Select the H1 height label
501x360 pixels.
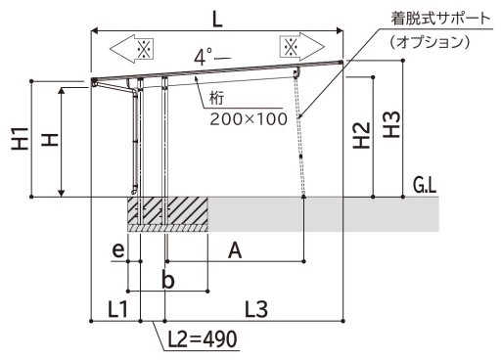(21, 139)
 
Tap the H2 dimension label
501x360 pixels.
(361, 135)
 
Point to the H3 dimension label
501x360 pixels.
(391, 124)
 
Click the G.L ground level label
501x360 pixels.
(425, 186)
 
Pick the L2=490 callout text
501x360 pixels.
(203, 339)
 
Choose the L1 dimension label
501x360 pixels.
(117, 309)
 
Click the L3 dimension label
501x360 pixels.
(256, 309)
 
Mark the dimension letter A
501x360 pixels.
(235, 250)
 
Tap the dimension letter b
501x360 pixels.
(168, 280)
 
